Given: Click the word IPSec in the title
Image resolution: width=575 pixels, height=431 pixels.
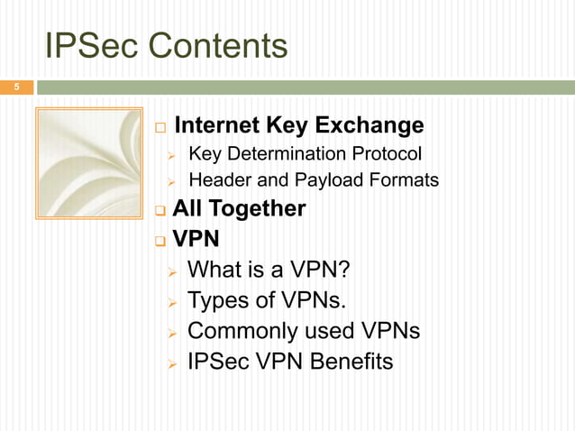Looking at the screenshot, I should [x=85, y=45].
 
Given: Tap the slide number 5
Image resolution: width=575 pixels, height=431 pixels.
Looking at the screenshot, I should [x=15, y=87].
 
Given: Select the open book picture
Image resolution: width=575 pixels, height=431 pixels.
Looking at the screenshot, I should [x=88, y=163].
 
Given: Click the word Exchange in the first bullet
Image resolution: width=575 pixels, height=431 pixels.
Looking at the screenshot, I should [x=370, y=124].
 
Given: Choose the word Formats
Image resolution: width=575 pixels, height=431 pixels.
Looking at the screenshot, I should [x=399, y=181].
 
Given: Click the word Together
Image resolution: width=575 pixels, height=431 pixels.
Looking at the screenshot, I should [x=257, y=209].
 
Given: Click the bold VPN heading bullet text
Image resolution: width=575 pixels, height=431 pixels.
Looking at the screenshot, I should [x=196, y=241].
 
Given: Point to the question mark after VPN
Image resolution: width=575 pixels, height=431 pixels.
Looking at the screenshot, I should [x=342, y=270].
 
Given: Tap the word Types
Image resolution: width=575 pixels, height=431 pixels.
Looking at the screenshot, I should [x=215, y=300].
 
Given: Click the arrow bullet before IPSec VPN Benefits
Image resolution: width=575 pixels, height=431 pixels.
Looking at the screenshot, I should [x=172, y=362].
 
